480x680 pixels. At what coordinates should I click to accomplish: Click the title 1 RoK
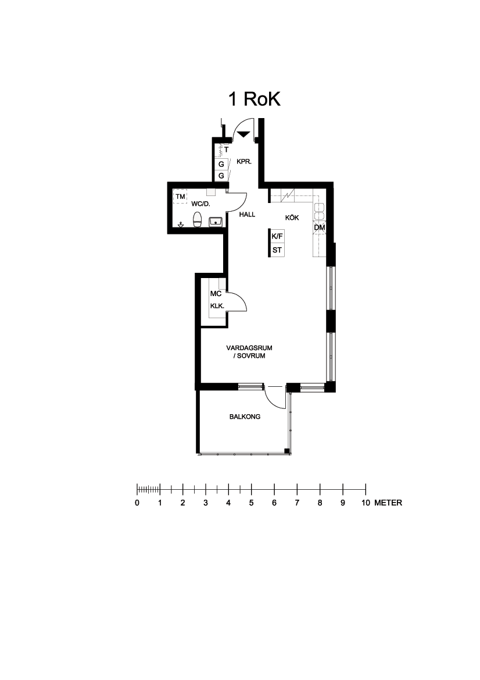click(x=255, y=99)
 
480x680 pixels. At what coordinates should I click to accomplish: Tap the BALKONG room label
click(x=245, y=416)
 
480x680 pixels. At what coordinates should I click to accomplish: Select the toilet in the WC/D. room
click(x=198, y=220)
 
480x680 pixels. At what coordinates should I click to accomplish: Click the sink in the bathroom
click(x=216, y=222)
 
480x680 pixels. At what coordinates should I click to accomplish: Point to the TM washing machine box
click(x=180, y=197)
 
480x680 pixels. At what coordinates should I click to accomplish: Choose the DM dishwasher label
click(x=319, y=227)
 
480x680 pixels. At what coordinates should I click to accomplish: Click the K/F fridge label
click(x=277, y=236)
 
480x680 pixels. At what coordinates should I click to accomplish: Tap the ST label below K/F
click(x=277, y=250)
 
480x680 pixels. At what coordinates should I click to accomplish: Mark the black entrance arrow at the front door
click(x=244, y=134)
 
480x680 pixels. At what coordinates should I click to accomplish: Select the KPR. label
click(x=244, y=162)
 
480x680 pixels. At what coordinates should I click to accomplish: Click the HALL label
click(x=248, y=214)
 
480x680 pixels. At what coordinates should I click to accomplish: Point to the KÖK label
click(x=292, y=218)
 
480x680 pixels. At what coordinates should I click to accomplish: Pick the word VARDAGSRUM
click(x=249, y=348)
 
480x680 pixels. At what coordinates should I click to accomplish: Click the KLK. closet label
click(x=217, y=306)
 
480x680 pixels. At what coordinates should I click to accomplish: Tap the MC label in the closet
click(x=216, y=294)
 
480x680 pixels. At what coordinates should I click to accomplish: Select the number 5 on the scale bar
click(x=251, y=503)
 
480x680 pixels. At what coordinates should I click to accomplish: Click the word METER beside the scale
click(x=388, y=503)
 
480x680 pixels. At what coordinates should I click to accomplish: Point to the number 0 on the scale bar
click(x=137, y=503)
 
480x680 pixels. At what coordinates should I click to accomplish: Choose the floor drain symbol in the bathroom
click(x=181, y=225)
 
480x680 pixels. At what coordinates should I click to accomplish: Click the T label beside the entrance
click(x=226, y=150)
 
